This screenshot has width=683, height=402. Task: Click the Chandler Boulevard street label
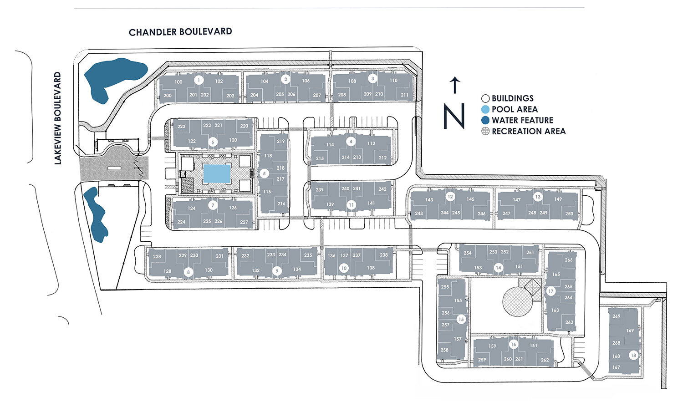tap(180, 32)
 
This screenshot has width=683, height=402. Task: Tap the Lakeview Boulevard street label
tap(58, 118)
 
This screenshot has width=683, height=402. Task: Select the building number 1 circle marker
tap(199, 80)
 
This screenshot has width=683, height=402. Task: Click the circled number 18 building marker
tap(633, 356)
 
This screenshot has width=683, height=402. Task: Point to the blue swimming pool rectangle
tap(217, 174)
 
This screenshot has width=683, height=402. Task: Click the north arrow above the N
tap(455, 86)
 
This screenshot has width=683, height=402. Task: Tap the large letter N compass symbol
tap(454, 116)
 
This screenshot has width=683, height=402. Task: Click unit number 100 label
tap(178, 82)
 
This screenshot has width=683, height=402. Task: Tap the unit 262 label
tap(545, 360)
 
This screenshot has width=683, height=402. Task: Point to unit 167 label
tap(616, 367)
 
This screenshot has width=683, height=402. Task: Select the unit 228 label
tap(157, 256)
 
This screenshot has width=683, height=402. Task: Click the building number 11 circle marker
tap(351, 204)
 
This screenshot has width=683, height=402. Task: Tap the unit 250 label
tap(569, 214)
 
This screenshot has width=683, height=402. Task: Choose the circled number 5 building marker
tap(264, 173)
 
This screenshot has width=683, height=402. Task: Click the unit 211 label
tap(404, 95)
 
